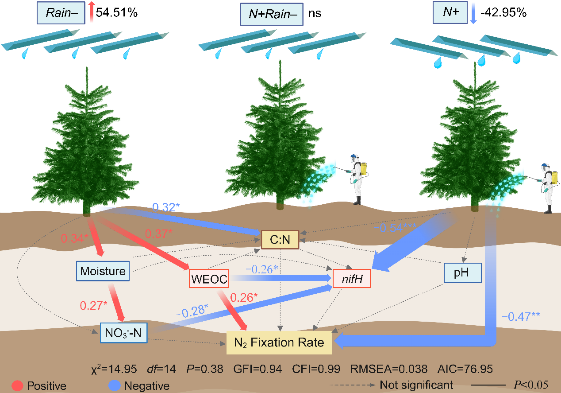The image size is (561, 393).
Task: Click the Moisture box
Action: (103, 271)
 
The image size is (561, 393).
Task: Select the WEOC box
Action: (209, 279)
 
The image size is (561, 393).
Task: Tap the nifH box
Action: (352, 279)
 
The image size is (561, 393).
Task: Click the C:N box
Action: (280, 240)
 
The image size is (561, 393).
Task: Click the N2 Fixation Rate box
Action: (279, 342)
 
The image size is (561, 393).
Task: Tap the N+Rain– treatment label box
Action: (272, 14)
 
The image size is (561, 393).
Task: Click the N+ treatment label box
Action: (450, 13)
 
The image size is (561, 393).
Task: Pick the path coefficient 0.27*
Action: (94, 306)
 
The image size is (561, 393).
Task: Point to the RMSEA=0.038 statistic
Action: (389, 369)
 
